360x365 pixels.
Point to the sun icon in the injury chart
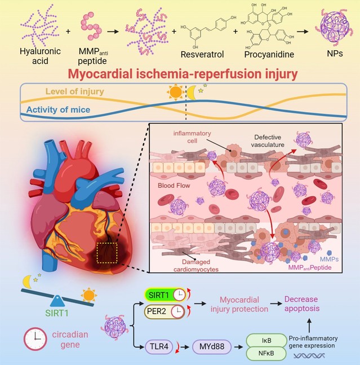tap(175, 91)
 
